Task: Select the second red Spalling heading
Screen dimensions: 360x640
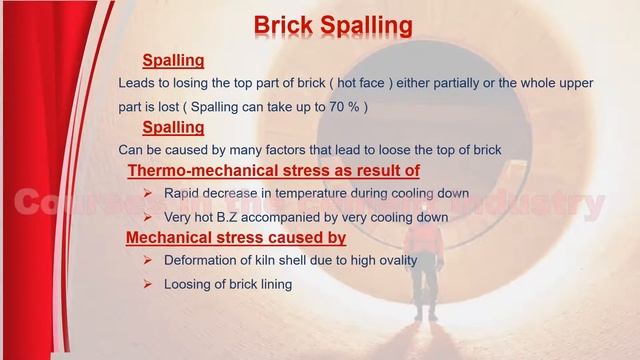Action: (173, 127)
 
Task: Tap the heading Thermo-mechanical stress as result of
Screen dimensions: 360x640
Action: (273, 171)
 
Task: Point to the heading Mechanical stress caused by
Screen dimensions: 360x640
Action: (235, 238)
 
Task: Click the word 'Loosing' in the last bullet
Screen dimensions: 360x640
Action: (187, 284)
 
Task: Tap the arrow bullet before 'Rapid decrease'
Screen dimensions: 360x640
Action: (146, 193)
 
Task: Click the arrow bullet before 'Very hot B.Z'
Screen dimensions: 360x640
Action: (146, 216)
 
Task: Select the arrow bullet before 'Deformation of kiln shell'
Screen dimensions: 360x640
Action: (146, 260)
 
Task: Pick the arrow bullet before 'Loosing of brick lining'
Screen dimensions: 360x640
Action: (146, 283)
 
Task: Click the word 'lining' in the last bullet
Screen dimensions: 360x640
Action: (273, 284)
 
